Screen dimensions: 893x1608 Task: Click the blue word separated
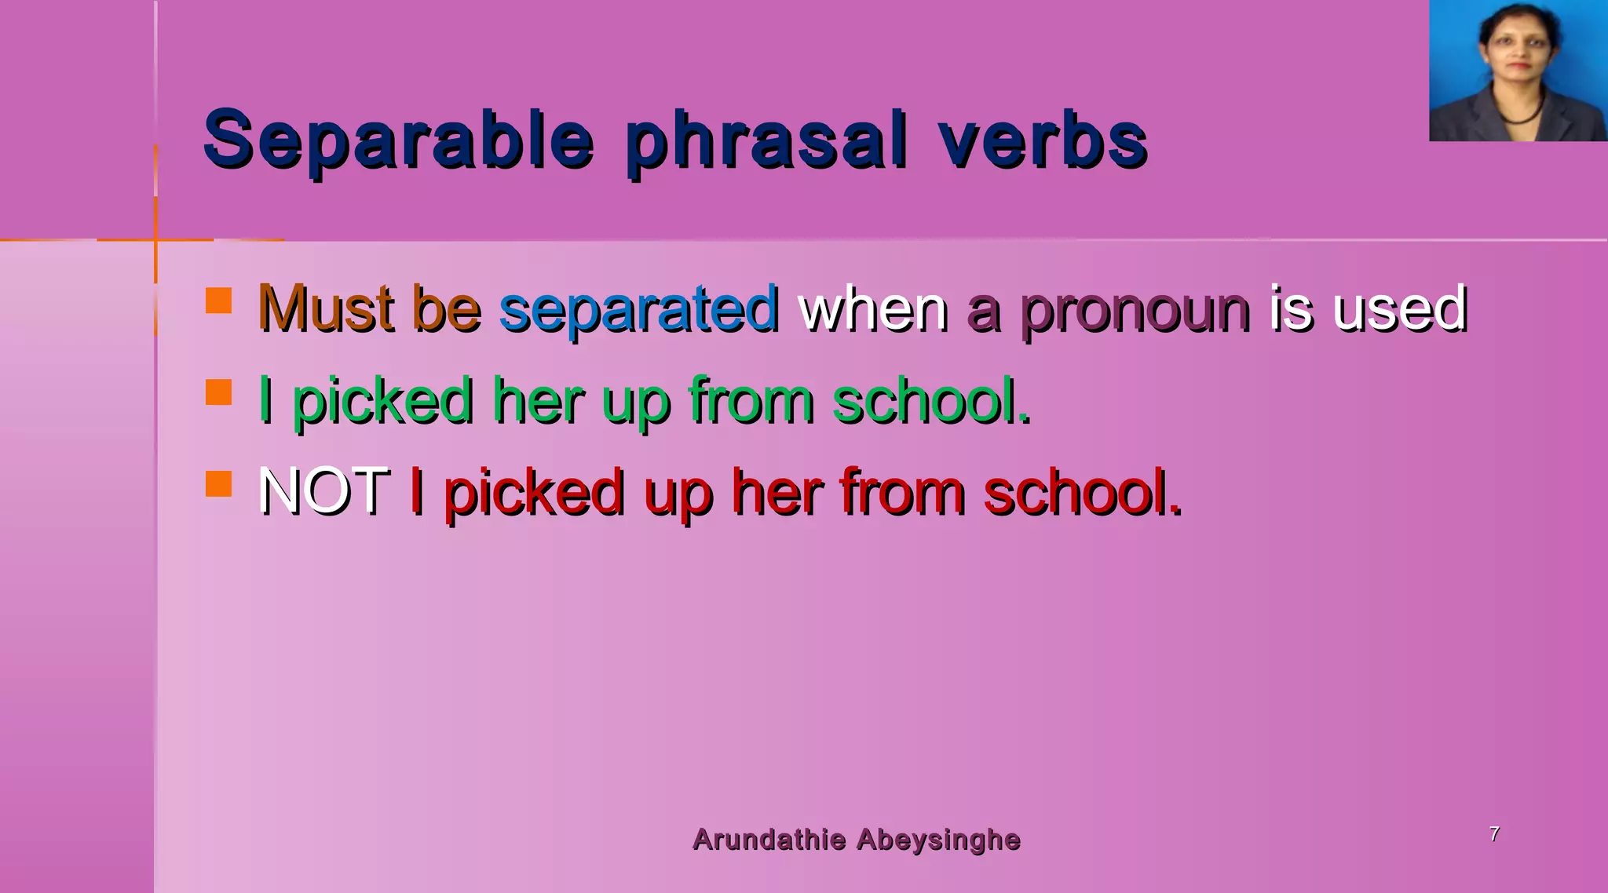[x=639, y=308]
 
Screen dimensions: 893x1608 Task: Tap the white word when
[x=873, y=308]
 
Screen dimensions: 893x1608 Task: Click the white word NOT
[x=323, y=491]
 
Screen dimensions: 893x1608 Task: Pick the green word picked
[x=382, y=401]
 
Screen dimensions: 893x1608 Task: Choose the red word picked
[x=534, y=493]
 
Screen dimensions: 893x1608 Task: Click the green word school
[x=930, y=401]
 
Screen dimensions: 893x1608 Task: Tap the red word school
[x=1082, y=493]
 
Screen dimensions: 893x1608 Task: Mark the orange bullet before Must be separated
[x=218, y=301]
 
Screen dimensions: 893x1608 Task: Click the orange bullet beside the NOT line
[x=218, y=483]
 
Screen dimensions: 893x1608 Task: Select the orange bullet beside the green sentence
[x=218, y=392]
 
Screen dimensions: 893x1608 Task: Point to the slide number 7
[x=1494, y=833]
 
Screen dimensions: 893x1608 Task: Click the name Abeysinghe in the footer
[x=938, y=840]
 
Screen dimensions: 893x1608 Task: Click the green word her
[x=538, y=401]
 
